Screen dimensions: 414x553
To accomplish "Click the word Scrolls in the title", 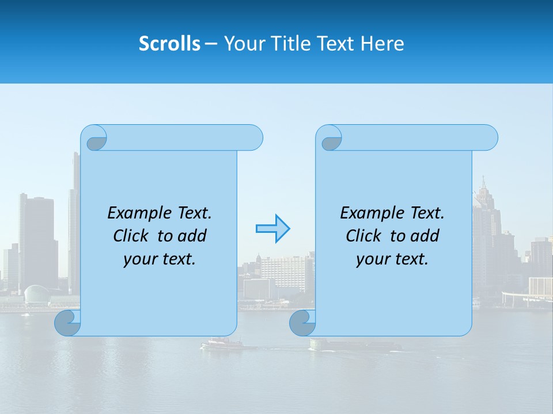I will (169, 44).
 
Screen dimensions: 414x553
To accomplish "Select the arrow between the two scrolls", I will (272, 228).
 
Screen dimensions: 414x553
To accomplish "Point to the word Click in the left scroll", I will (133, 236).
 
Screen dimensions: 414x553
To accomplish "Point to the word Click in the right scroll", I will (366, 236).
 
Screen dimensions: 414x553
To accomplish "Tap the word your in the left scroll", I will (139, 259).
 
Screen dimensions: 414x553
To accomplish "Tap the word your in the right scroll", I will (372, 259).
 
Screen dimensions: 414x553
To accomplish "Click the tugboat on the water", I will (222, 344).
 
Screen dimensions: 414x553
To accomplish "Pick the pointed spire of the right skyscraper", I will (482, 183).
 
